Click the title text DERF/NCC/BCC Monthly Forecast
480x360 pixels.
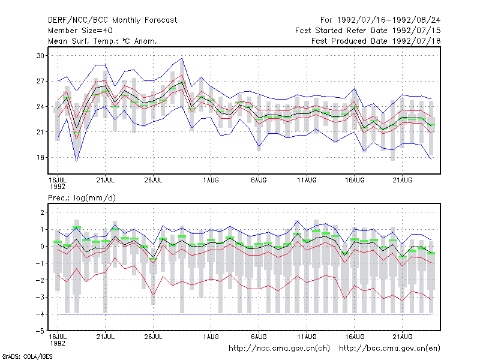point(112,20)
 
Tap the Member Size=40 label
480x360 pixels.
point(80,31)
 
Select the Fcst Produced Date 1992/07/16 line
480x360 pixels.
point(376,41)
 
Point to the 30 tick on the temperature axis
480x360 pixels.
point(40,56)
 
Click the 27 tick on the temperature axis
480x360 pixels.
point(40,81)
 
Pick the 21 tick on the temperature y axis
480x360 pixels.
point(40,132)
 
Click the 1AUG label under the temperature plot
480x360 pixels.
point(211,180)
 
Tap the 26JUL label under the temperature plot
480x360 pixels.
point(153,180)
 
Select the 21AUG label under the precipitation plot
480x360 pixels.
point(402,337)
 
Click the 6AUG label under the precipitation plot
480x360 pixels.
point(259,337)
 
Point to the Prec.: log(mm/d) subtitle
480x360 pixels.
point(82,198)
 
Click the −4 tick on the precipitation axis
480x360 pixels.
point(40,314)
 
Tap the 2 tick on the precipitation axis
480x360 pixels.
point(42,212)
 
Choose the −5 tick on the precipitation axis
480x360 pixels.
point(40,331)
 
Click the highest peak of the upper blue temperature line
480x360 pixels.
point(182,58)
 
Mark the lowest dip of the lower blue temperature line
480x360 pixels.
point(77,161)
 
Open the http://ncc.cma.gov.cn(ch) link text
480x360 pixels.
point(279,349)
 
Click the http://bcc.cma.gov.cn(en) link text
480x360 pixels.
point(389,349)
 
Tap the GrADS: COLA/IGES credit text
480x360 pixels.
point(27,356)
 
